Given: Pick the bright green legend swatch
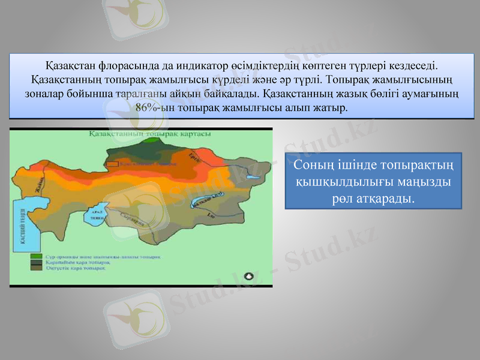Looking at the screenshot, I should click(37, 256).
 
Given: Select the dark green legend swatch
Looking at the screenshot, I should click(37, 262).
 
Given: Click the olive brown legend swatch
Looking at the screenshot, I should click(37, 268).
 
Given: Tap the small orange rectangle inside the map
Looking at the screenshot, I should click(112, 163).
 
